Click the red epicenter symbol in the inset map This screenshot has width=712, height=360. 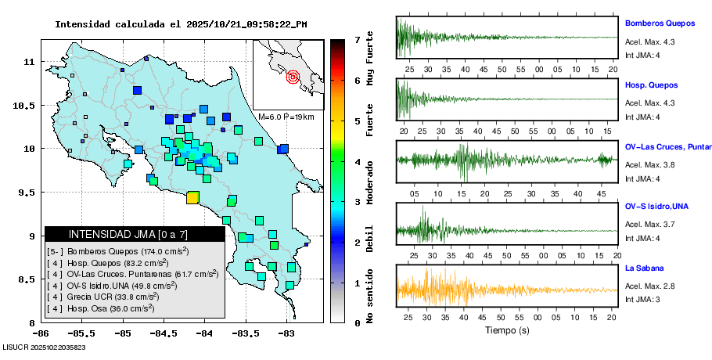(293, 77)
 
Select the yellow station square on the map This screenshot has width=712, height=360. (192, 197)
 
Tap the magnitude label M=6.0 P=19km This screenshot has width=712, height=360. (286, 117)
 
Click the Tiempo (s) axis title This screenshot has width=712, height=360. (508, 330)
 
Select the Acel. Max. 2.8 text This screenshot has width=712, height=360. (649, 286)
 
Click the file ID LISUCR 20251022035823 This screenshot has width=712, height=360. (44, 347)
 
